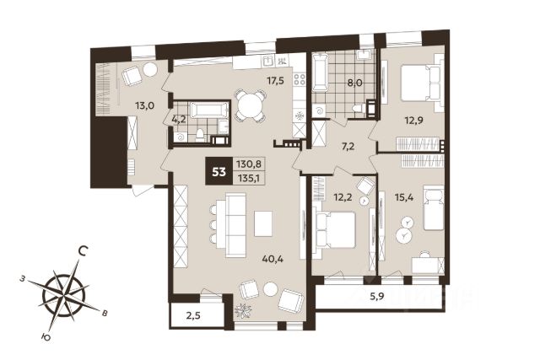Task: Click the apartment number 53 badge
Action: click(219, 171)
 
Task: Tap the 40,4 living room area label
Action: click(273, 259)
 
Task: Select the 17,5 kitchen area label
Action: click(276, 81)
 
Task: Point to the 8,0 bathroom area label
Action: click(354, 83)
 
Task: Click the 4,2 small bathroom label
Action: click(178, 119)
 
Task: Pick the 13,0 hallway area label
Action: click(144, 105)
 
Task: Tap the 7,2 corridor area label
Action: click(348, 147)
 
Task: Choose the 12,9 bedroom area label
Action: click(413, 121)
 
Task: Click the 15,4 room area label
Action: click(404, 197)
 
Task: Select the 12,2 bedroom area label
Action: click(343, 197)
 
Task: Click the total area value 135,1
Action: click(249, 179)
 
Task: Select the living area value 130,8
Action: click(249, 164)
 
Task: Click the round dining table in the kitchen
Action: click(251, 105)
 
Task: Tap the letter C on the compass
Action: click(82, 251)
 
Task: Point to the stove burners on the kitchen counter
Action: click(300, 79)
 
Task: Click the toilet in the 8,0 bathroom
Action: click(359, 109)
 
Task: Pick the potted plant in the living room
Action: click(244, 311)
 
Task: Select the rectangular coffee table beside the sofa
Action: click(263, 223)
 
